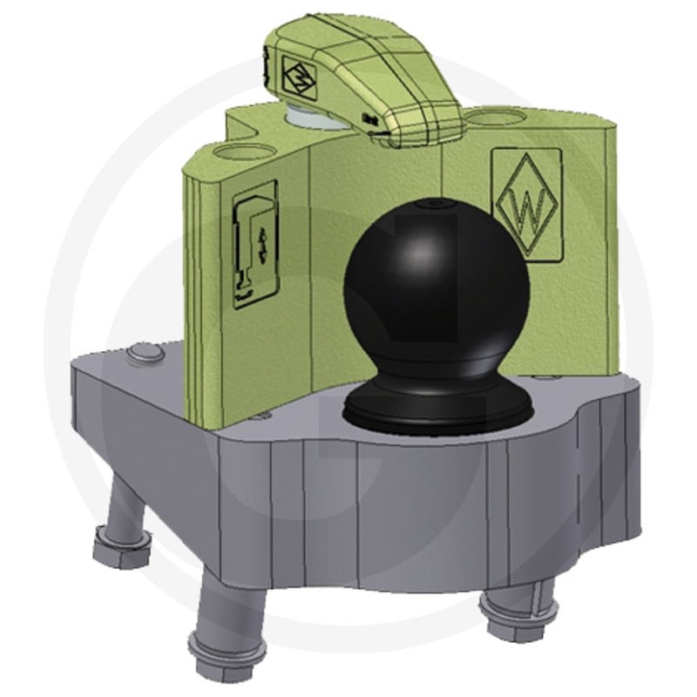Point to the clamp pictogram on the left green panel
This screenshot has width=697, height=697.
(x=255, y=246)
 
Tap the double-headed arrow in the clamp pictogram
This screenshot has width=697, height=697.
(x=261, y=246)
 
